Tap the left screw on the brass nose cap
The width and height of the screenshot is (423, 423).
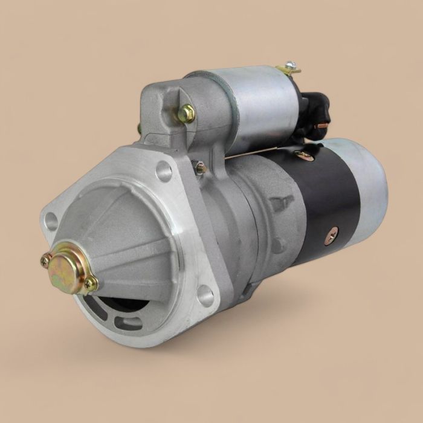[45, 260]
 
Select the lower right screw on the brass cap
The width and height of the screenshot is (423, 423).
[91, 283]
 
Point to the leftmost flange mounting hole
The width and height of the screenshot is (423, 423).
[51, 221]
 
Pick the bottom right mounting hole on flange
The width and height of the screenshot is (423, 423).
[205, 295]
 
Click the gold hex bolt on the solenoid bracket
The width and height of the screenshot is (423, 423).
[187, 113]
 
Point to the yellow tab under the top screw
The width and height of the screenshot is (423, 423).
[289, 71]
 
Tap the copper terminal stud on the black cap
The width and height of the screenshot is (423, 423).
[322, 125]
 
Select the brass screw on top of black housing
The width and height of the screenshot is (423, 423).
[305, 156]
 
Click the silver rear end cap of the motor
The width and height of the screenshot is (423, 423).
[369, 181]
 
